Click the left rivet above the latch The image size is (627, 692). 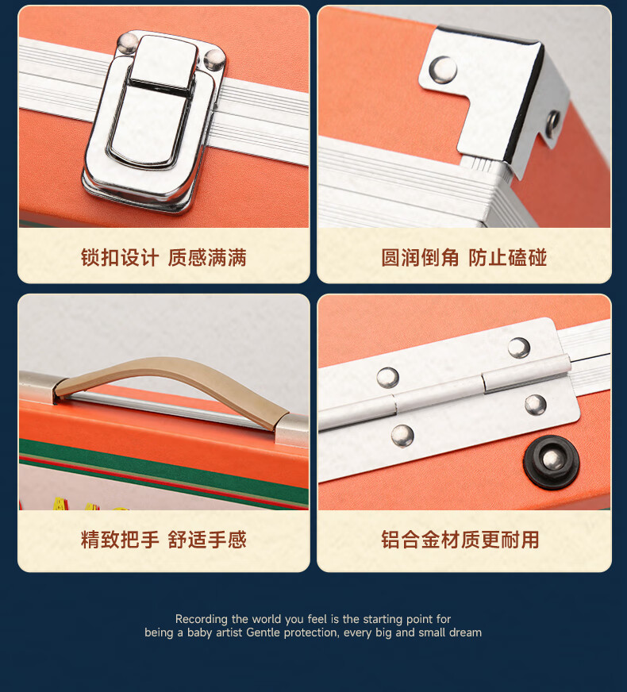point(128,43)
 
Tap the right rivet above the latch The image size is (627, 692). point(215,60)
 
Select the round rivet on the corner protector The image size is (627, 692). point(444,70)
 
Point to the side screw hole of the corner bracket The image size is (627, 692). point(552,121)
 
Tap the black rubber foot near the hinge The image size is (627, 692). point(551,462)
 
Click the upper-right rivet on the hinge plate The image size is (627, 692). point(519,348)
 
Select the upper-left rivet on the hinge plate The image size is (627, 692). point(388,378)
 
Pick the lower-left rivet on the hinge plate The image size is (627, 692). point(402,436)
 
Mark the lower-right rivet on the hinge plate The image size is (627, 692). point(536,405)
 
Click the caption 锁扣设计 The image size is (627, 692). point(120,257)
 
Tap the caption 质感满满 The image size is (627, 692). point(207,257)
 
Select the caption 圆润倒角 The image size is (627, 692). point(420,257)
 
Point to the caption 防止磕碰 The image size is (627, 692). point(507,257)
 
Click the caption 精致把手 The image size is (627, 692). point(120,540)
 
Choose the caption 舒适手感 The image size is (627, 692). point(207,540)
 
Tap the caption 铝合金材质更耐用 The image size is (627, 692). point(460,540)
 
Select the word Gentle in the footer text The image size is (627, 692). point(263,632)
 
